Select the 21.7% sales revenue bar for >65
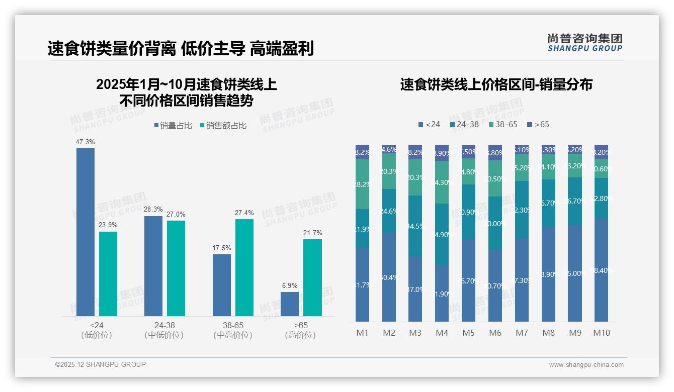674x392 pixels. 312,277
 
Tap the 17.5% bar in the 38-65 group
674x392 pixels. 222,285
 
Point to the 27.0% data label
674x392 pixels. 176,215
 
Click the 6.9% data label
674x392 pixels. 290,285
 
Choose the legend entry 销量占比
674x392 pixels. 173,126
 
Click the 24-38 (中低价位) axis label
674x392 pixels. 164,330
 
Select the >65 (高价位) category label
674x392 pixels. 300,330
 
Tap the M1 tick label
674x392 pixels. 362,333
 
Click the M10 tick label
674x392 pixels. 601,333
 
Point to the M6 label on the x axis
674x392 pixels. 495,333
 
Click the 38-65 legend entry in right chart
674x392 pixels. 502,124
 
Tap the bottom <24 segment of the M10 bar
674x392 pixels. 601,270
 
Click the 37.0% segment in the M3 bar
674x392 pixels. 415,289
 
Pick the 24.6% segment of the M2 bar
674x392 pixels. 389,211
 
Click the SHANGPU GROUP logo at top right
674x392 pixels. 584,43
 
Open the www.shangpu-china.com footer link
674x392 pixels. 586,365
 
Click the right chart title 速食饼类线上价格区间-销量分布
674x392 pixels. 496,84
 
